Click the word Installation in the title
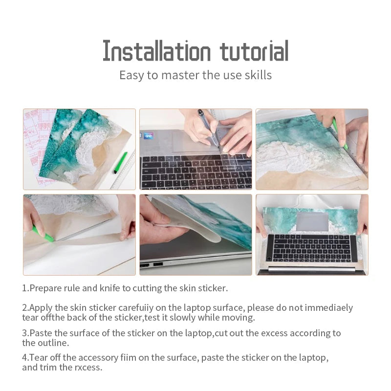click(x=156, y=51)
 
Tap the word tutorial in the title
click(x=254, y=51)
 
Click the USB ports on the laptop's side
click(x=152, y=265)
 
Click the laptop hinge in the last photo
click(x=312, y=269)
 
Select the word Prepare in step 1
click(x=46, y=288)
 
